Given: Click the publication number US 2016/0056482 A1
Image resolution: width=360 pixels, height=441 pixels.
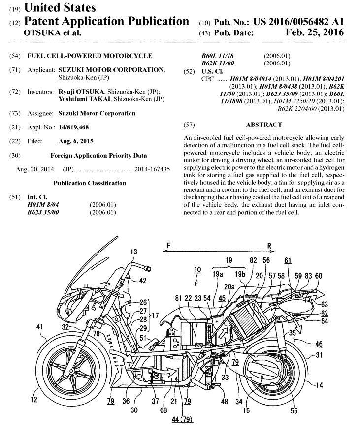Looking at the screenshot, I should [x=298, y=22].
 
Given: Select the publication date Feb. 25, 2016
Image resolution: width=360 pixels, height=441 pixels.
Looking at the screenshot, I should [x=315, y=33].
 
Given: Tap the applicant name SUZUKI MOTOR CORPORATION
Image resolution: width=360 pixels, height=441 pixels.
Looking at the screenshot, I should [x=112, y=70].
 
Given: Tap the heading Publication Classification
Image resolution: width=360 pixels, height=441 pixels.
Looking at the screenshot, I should [x=90, y=183].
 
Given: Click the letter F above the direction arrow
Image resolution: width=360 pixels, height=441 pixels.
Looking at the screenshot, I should [x=168, y=245].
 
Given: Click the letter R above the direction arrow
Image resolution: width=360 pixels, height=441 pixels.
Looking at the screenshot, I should [x=269, y=245].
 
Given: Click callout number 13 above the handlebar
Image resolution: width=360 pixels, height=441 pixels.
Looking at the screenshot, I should [x=133, y=252].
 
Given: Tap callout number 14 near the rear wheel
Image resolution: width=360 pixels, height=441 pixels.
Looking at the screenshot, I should [x=319, y=385].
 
